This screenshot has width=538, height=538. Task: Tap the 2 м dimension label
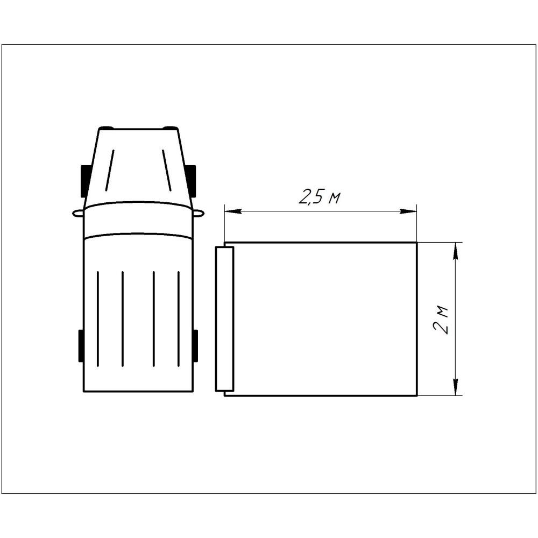coord(441,319)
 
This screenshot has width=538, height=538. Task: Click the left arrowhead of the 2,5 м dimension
coord(233,211)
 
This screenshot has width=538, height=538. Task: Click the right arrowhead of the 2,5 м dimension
coord(408,211)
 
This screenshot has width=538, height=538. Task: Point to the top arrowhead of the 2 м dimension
coord(456,251)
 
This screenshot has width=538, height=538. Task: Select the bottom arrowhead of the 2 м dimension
coord(456,387)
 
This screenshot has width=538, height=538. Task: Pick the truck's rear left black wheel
coord(81,346)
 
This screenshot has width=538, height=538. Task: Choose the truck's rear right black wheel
coord(195,346)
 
